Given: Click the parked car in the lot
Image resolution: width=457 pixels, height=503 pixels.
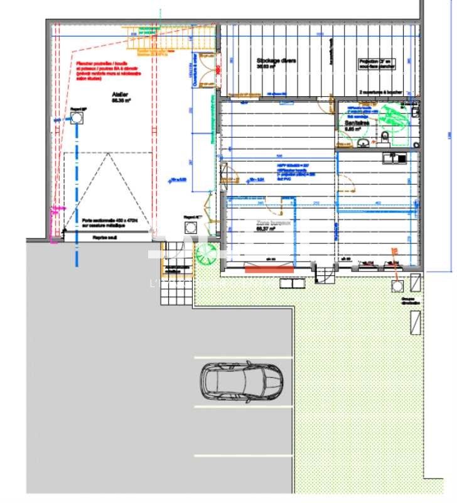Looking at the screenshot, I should (242, 382).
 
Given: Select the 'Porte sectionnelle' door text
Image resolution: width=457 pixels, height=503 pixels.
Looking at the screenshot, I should (108, 223).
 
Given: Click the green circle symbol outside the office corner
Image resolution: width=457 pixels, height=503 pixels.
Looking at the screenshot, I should (205, 255).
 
